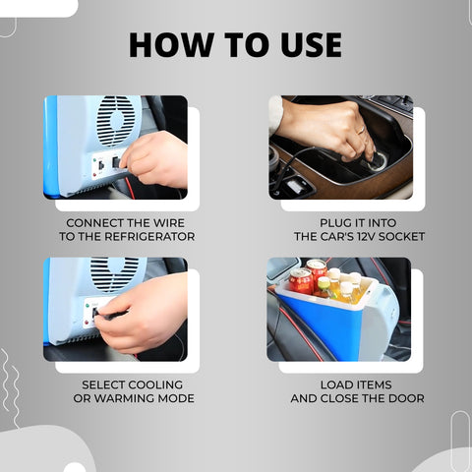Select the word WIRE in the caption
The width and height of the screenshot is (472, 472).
(x=169, y=223)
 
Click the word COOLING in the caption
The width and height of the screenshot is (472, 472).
(x=155, y=384)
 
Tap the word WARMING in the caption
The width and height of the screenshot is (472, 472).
(x=125, y=398)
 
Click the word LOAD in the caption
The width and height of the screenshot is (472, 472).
(x=335, y=384)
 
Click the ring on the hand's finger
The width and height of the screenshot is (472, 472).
(x=361, y=130)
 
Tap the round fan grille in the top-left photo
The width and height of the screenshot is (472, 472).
(x=117, y=120)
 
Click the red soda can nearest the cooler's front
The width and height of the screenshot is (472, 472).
(x=301, y=281)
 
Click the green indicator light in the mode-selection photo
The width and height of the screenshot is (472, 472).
(x=88, y=306)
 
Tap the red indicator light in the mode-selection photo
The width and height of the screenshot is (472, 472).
(x=87, y=323)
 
